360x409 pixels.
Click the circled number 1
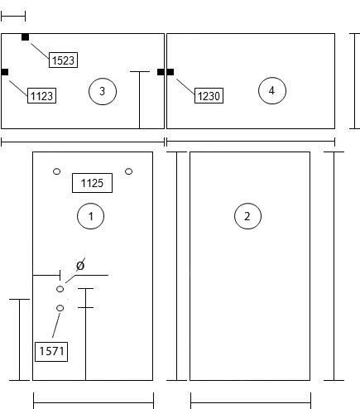[x=91, y=216]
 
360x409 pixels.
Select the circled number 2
[x=247, y=216]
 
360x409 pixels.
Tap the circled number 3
[x=103, y=91]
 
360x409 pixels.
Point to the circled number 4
[x=272, y=90]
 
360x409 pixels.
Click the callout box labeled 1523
[x=63, y=60]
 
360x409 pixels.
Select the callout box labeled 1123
[x=41, y=95]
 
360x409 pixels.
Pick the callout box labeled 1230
[x=209, y=95]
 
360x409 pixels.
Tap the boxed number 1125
[x=92, y=183]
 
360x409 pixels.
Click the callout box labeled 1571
[x=51, y=352]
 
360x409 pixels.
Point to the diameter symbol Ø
[x=80, y=266]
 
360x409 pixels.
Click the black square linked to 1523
[x=25, y=37]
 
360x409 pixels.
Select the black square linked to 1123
[x=5, y=72]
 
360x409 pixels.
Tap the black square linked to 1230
[x=170, y=72]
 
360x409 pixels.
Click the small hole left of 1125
[x=56, y=171]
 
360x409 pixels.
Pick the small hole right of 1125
[x=128, y=171]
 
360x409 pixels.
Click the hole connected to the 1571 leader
[x=60, y=308]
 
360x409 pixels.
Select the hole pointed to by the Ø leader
[x=60, y=289]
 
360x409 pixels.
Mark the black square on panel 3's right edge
[x=161, y=72]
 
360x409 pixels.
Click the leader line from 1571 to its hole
[x=56, y=325]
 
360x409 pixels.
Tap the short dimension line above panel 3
[x=13, y=17]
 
